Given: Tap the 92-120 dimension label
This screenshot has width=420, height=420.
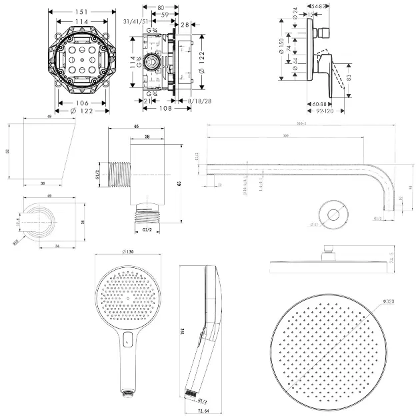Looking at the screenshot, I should [324, 111].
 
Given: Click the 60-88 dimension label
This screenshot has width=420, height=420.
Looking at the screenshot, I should [321, 103].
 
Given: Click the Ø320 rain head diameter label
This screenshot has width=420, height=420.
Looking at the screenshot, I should [391, 303].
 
